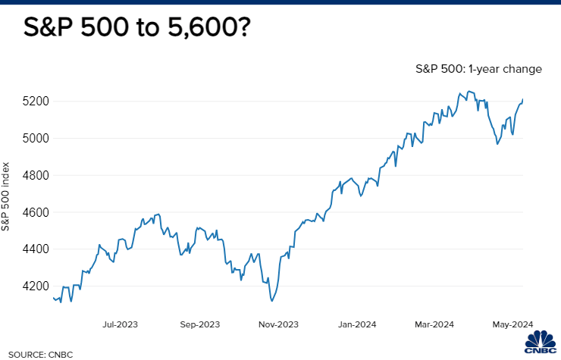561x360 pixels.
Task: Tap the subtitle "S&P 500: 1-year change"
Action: pos(478,69)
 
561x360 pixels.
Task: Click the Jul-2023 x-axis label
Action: pos(120,324)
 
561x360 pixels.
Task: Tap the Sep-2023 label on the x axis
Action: pos(199,324)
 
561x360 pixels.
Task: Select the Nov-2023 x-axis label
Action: pos(278,324)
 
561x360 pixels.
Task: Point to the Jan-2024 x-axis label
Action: pos(357,324)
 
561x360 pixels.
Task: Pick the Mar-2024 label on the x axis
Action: pos(433,324)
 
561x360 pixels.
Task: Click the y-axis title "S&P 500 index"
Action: pos(7,196)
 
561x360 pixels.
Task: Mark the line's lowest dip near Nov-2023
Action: pos(271,301)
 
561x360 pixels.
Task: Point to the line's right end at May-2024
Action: pos(522,99)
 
